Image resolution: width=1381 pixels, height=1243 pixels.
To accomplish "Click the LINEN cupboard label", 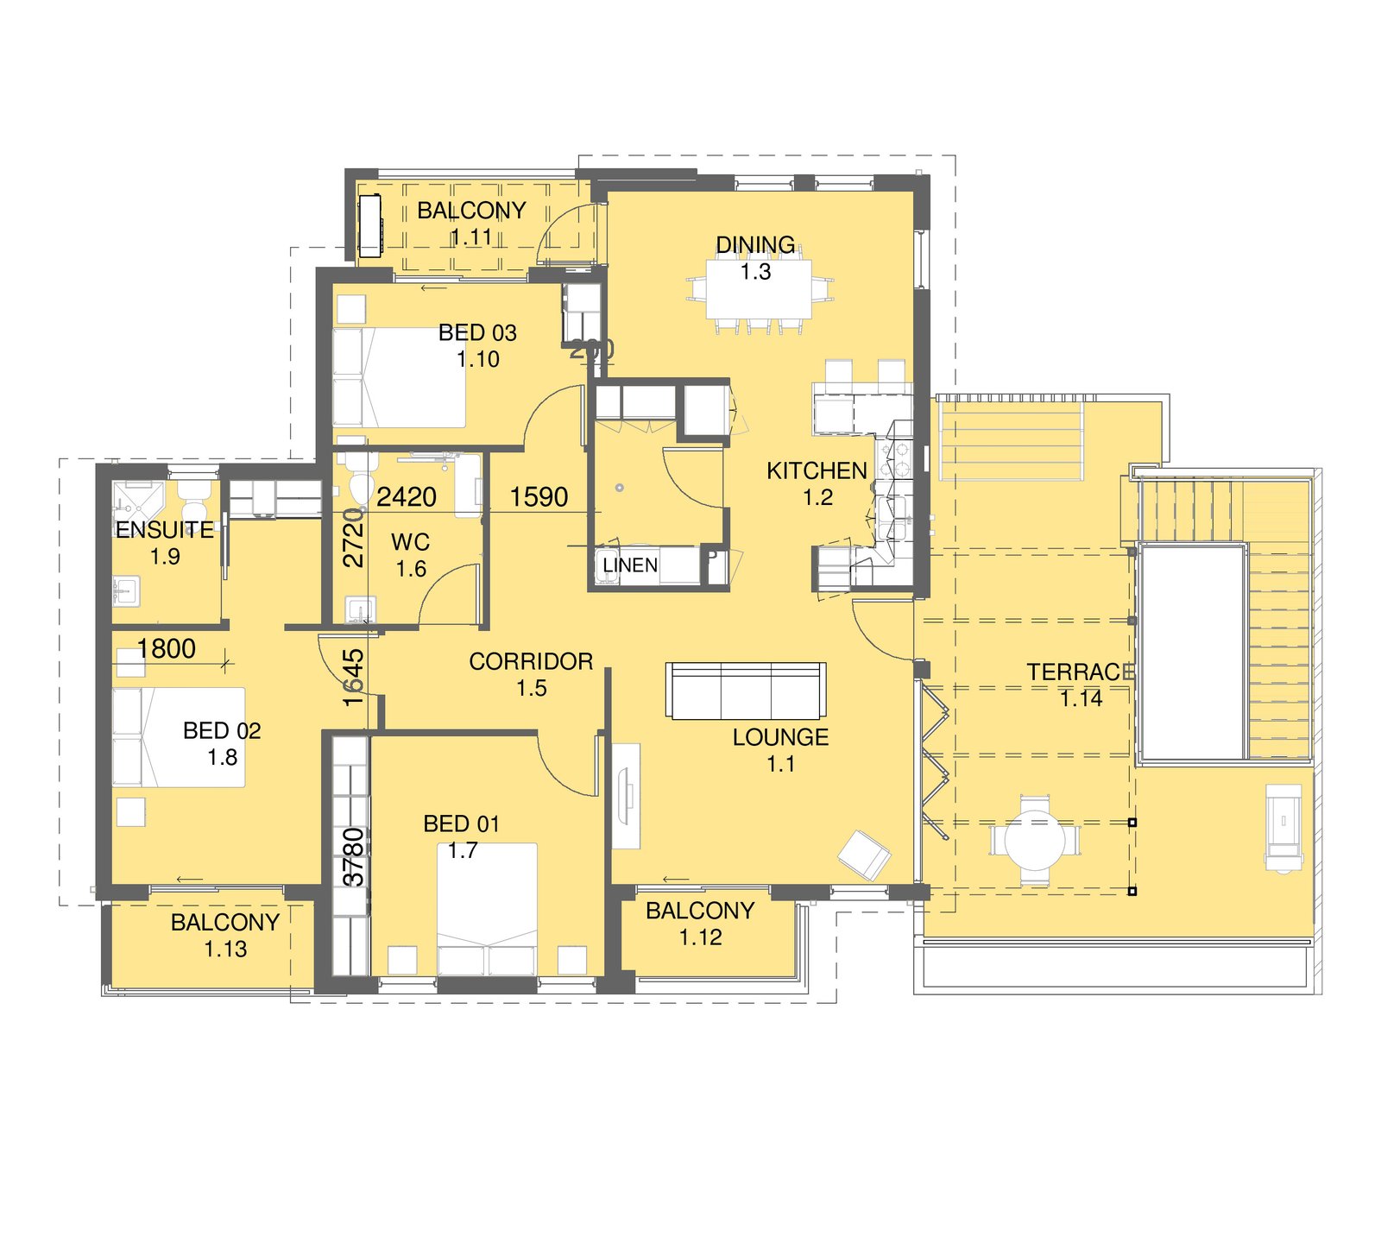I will [x=630, y=565].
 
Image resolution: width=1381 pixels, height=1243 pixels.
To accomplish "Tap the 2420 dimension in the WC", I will [x=407, y=497].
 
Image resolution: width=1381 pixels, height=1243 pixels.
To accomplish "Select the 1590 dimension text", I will [x=539, y=497].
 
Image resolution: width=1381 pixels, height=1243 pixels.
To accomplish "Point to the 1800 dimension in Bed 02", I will [x=167, y=649].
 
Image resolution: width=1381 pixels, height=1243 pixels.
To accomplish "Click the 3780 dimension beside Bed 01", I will [x=354, y=856].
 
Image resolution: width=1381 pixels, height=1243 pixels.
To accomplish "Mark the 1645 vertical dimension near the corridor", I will [x=354, y=678].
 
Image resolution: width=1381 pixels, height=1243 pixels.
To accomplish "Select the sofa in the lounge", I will [x=746, y=691].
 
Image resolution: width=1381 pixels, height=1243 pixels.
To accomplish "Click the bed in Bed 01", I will [x=487, y=906].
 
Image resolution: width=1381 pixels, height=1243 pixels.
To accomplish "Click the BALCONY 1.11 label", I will [x=471, y=223].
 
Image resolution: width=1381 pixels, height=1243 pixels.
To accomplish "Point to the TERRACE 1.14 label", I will [x=1081, y=685].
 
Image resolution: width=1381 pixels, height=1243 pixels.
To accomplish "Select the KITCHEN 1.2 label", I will [x=817, y=483].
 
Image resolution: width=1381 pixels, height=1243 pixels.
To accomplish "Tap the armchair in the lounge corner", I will [x=864, y=855].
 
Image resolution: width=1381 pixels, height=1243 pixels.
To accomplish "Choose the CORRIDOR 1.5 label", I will [x=531, y=674].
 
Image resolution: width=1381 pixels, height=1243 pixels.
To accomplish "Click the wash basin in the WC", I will [x=360, y=609].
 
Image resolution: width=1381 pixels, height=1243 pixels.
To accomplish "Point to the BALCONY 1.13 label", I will [x=225, y=935].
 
